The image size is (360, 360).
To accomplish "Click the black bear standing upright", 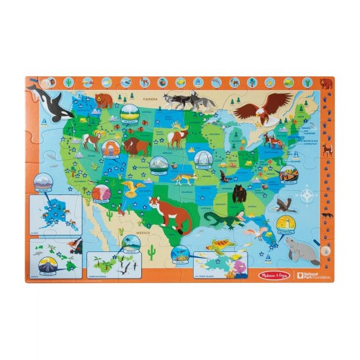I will (239, 192).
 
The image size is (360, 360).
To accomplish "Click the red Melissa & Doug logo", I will (212, 282).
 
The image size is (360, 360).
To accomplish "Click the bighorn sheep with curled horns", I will (91, 142).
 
